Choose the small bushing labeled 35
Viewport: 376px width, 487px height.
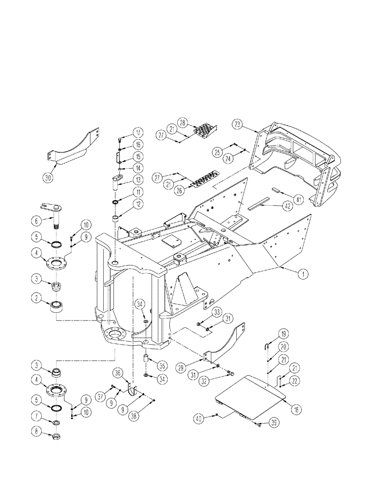145,359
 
